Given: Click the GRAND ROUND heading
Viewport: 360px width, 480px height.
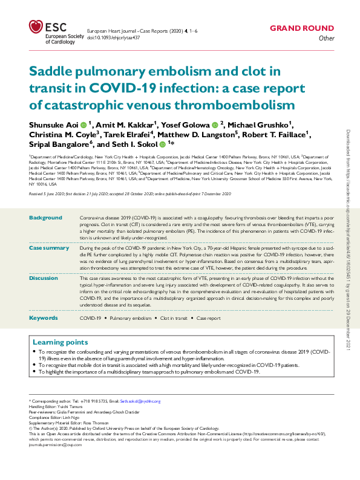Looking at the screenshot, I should pos(301,28).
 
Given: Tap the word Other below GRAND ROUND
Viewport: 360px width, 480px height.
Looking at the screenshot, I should pos(326,39).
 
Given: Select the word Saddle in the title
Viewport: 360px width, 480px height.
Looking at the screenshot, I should pos(53,71).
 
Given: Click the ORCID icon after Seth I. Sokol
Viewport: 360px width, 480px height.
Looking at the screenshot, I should pos(163,145).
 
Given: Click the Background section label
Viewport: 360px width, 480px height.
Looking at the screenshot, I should pos(45,218).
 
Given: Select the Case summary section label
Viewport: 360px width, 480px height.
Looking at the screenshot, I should pos(49,248).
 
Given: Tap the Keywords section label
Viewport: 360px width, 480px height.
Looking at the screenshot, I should pos(44,317).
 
